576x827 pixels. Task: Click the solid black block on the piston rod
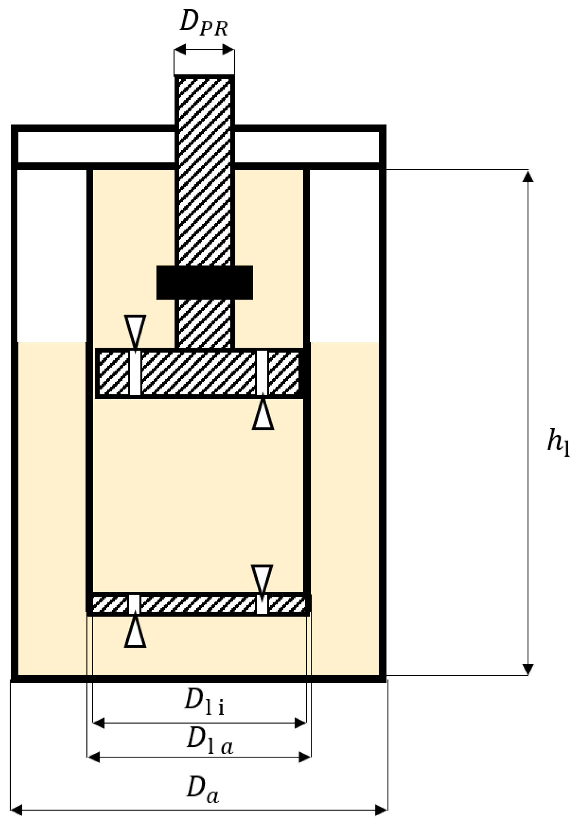[x=204, y=282]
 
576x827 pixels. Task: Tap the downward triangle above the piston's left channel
[x=135, y=329]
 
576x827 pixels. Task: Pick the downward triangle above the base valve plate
[x=262, y=578]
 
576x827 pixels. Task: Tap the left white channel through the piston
[x=135, y=373]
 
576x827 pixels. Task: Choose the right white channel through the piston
[x=262, y=373]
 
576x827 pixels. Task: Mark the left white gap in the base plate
[x=134, y=604]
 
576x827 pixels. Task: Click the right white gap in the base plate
[x=262, y=604]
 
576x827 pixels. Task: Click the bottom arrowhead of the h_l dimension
[x=528, y=669]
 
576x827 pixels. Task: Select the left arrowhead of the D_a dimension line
[x=17, y=810]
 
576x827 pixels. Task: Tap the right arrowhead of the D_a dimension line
[x=382, y=810]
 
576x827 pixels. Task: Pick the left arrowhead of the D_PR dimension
[x=180, y=49]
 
